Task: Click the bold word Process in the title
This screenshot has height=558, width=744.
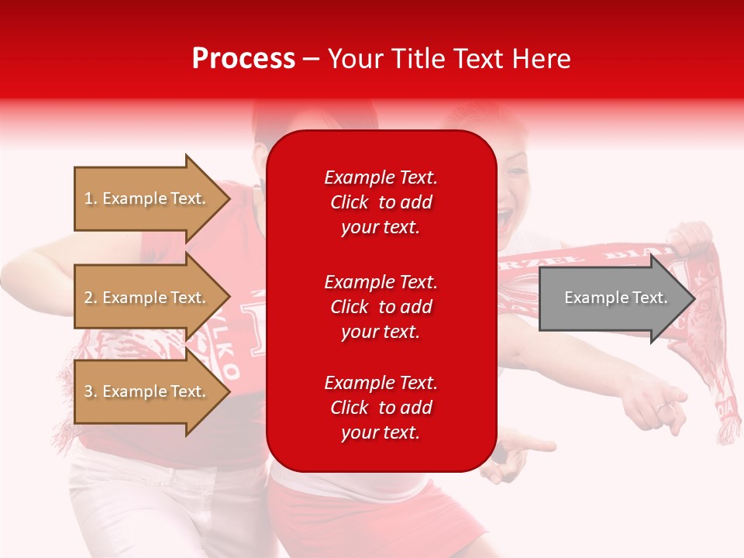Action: (x=243, y=59)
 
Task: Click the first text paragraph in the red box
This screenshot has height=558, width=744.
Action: (x=381, y=202)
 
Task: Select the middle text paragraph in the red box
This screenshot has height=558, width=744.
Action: (x=381, y=307)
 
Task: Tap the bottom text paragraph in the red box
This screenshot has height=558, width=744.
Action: (x=381, y=408)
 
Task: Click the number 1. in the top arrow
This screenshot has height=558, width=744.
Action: (x=91, y=198)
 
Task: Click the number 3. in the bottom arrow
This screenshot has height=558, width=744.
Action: (x=91, y=391)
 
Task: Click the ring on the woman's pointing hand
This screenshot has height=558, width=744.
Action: (x=663, y=407)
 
